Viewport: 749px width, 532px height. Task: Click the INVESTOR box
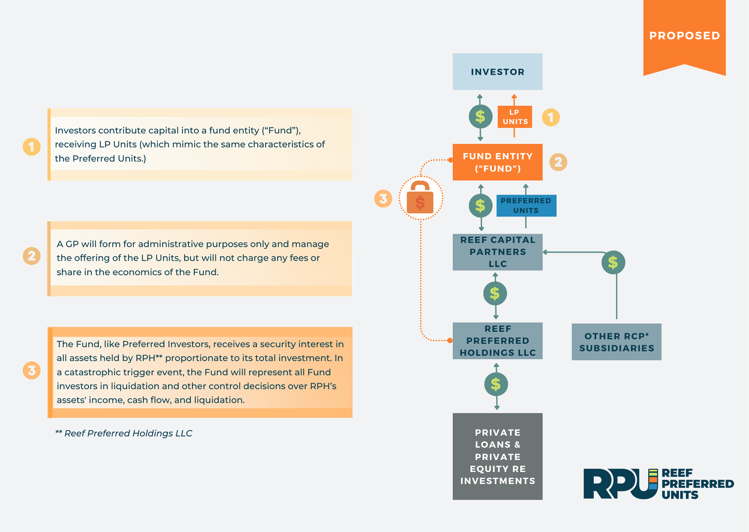click(497, 72)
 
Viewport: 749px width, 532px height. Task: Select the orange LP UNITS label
click(515, 117)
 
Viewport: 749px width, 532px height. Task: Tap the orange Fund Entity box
click(497, 162)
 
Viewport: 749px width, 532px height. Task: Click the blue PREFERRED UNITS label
click(526, 205)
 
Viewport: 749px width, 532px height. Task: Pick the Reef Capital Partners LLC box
click(497, 252)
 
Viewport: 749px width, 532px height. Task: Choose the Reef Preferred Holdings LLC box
click(497, 341)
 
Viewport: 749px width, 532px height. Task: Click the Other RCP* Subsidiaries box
click(616, 342)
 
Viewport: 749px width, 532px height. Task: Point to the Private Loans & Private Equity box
click(497, 456)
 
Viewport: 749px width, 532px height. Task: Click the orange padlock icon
click(420, 198)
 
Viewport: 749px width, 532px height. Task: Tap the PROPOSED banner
click(684, 36)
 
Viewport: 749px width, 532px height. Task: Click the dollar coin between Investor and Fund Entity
click(480, 116)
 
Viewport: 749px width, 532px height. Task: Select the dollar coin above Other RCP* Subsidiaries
click(613, 262)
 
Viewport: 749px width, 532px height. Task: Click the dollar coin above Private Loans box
click(496, 384)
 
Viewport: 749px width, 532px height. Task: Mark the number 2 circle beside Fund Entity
click(558, 162)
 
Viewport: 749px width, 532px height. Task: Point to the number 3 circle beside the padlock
click(383, 198)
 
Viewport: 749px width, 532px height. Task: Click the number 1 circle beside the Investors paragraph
click(32, 147)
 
